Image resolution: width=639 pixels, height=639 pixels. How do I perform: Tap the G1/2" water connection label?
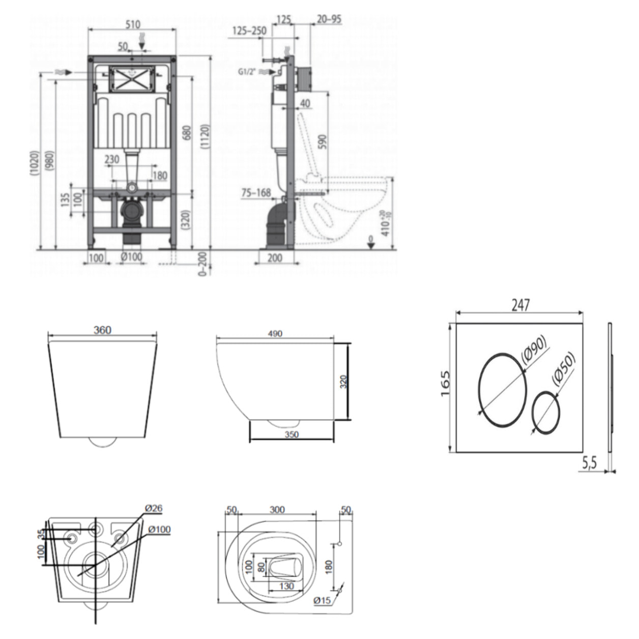click(248, 72)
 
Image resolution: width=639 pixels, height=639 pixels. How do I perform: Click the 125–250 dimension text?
click(249, 31)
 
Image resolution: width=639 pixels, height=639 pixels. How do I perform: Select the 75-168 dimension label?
click(256, 193)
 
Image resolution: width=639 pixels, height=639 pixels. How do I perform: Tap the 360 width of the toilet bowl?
click(102, 330)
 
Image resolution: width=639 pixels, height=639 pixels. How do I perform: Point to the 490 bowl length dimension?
click(275, 334)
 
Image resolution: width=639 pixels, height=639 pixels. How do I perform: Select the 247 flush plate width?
click(520, 305)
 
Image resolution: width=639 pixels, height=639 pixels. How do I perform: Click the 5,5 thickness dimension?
click(589, 462)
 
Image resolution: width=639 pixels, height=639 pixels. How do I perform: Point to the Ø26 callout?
click(153, 508)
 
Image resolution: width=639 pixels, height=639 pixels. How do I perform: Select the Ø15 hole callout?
click(323, 601)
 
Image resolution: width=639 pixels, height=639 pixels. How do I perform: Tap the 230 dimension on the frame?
click(112, 160)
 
